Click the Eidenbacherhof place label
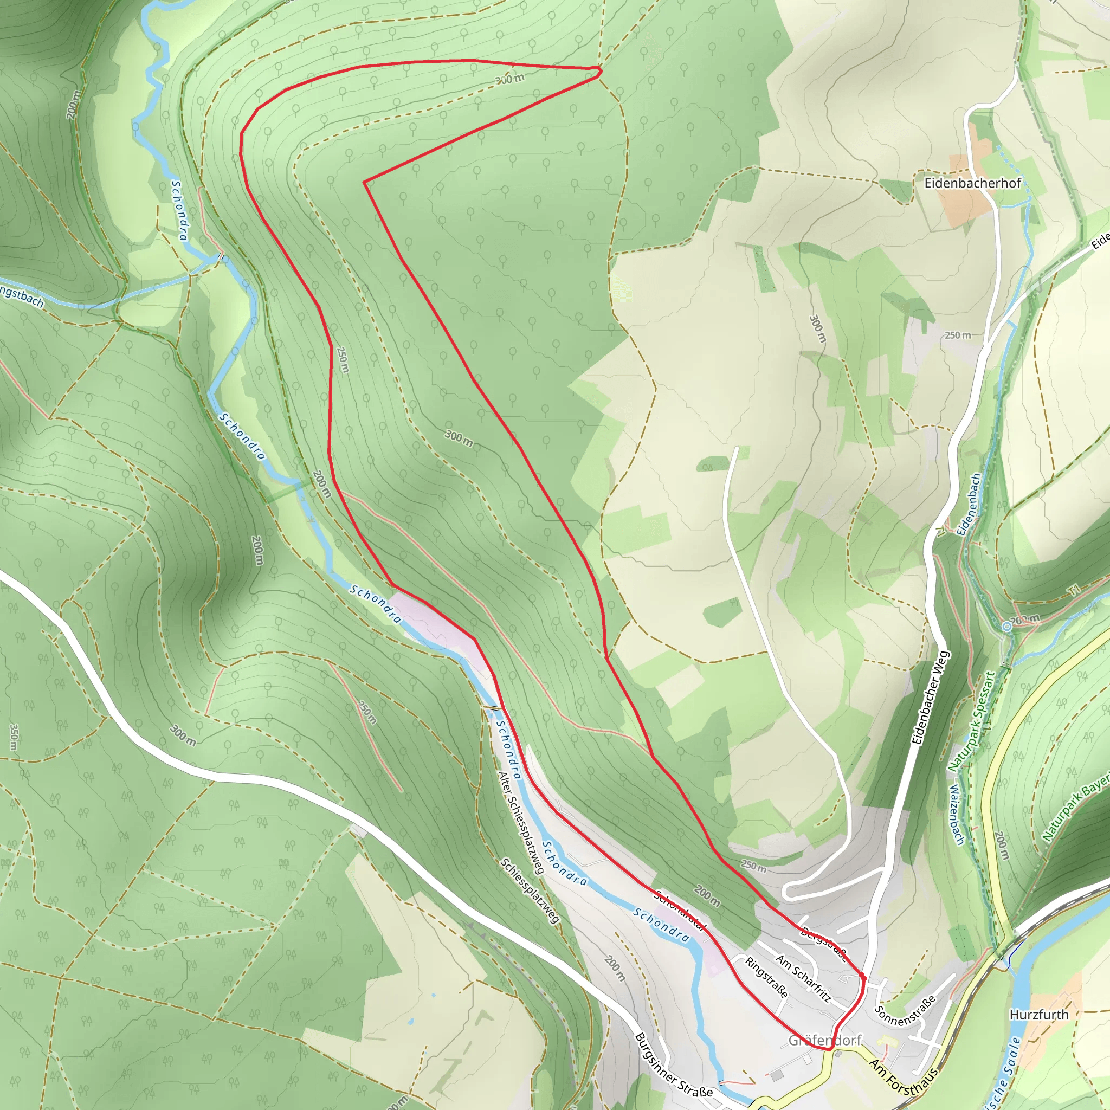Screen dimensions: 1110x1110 pos(972,183)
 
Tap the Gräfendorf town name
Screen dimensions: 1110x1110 pos(824,1041)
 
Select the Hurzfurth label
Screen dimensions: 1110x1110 pos(1039,1015)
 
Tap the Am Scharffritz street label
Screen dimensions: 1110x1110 pos(803,978)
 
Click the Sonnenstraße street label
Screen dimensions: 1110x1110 pos(905,1011)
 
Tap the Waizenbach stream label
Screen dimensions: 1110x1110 pos(957,814)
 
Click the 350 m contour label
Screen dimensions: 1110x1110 pos(13,737)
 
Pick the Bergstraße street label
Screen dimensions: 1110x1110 pos(824,944)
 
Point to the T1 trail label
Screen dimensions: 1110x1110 pos(1073,590)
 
